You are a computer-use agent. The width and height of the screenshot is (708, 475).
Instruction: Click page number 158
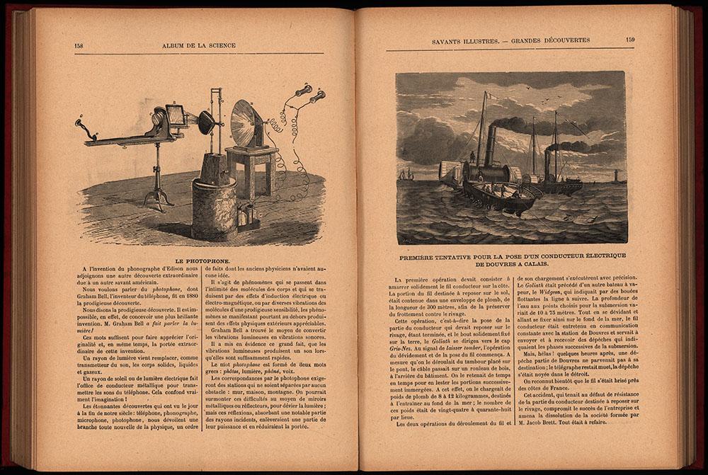pos(79,46)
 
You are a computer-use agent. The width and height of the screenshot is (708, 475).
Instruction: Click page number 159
pos(630,40)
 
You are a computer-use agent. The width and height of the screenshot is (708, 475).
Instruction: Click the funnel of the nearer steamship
pos(490,145)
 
